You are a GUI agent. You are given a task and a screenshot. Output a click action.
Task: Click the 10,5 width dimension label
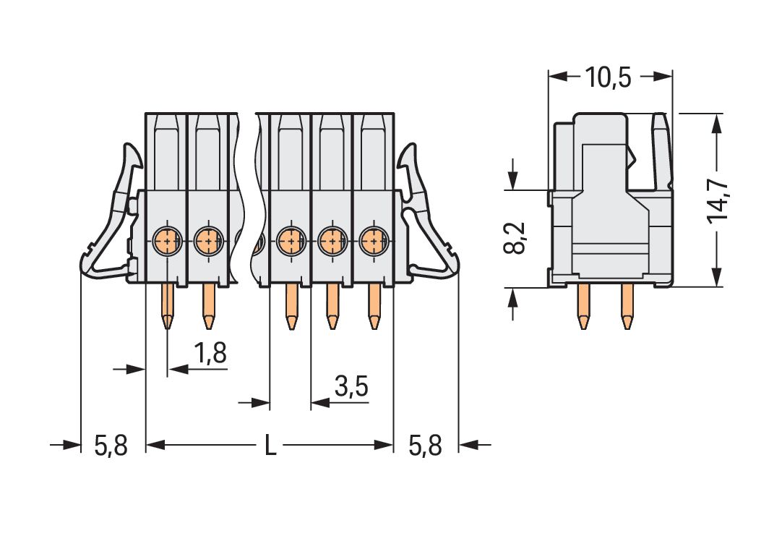608,77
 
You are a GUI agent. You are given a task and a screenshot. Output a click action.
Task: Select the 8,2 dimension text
515,239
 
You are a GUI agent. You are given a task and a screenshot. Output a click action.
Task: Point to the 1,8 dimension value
210,354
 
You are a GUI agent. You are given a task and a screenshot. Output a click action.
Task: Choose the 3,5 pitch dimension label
351,388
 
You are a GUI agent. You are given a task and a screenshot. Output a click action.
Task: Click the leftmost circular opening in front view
167,238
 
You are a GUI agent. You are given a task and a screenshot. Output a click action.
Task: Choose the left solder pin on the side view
583,307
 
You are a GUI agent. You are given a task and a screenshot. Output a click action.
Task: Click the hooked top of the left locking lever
132,154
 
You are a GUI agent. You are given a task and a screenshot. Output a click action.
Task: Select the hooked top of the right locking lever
410,154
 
